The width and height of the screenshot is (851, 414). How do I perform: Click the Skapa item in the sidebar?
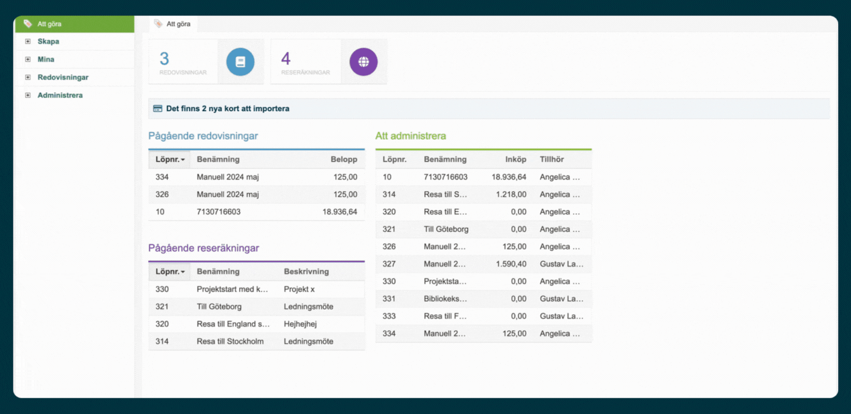(x=48, y=41)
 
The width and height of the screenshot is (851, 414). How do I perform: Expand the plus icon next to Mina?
(x=28, y=59)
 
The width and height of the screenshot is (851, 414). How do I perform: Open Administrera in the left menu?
(x=60, y=95)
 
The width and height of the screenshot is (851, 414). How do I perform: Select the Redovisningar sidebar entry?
(x=63, y=78)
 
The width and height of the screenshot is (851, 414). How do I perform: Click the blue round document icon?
(x=240, y=62)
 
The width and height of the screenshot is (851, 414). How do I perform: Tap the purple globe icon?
(x=364, y=62)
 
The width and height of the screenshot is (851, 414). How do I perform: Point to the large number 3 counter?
(x=164, y=58)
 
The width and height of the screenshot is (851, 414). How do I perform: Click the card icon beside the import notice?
(x=157, y=109)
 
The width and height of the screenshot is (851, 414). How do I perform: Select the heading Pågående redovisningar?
(x=203, y=136)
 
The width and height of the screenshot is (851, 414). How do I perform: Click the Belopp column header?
(x=344, y=159)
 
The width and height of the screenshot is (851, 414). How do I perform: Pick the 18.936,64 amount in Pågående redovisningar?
(x=340, y=212)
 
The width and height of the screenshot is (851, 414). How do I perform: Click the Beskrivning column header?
(x=306, y=272)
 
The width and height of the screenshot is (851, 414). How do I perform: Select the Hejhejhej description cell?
(x=300, y=324)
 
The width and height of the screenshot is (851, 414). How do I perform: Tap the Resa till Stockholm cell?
(x=230, y=342)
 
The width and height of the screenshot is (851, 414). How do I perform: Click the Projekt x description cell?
(x=299, y=289)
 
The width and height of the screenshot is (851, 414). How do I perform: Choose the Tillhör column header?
(x=552, y=159)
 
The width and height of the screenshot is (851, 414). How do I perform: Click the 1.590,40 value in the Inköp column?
(x=511, y=264)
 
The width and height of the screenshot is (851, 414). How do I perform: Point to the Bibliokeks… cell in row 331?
(x=445, y=299)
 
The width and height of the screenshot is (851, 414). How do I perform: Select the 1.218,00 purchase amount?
(x=511, y=195)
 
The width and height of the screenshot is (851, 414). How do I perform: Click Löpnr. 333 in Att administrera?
(x=389, y=317)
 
